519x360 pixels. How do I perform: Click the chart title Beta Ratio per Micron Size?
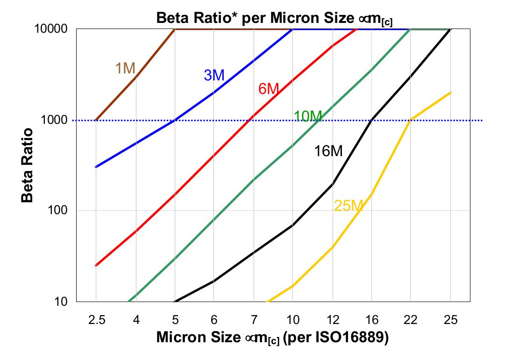pos(274,19)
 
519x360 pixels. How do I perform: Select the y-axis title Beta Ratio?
pos(28,165)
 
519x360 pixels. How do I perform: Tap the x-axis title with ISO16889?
pos(272,338)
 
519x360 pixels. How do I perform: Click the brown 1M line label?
pos(125,68)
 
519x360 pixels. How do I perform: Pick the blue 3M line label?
pos(214,75)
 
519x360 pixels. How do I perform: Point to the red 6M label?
pos(269,88)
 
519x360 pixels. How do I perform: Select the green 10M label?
pos(308,116)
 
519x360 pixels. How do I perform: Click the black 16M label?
pos(328,151)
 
